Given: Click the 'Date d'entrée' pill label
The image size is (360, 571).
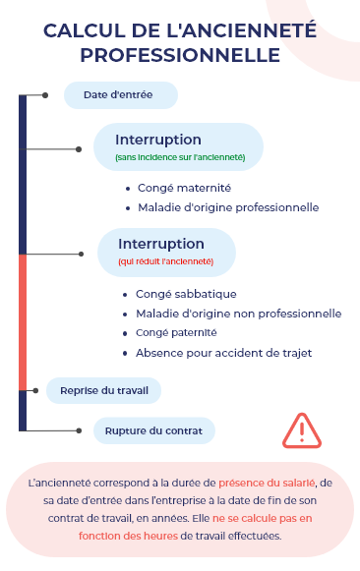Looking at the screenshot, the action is coord(121,94).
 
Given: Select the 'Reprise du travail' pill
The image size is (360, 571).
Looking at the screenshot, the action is coord(103,390).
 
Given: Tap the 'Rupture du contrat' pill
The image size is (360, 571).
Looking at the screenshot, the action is coord(153,430).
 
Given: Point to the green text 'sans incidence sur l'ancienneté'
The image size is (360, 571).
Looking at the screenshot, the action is coord(180,157).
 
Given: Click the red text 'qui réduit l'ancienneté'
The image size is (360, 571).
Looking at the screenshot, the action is coord(165,261).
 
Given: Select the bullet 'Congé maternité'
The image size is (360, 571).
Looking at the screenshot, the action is coord(184,188).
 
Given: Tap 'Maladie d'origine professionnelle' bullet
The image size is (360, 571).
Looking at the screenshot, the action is coord(227,207).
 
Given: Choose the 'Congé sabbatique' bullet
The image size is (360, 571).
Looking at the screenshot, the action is coord(186,294).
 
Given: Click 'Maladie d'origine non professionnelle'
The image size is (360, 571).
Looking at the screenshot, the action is coord(238,314).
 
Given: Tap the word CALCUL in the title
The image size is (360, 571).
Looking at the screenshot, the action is coord(79,31).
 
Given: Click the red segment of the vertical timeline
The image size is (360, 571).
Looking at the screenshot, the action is coord(23,321).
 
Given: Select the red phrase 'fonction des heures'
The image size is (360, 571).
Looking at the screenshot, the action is coord(128,536).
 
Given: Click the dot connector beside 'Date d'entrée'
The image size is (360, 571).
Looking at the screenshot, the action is coord(45,95).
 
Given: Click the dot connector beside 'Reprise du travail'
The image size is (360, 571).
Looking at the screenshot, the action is coord(35,390).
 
